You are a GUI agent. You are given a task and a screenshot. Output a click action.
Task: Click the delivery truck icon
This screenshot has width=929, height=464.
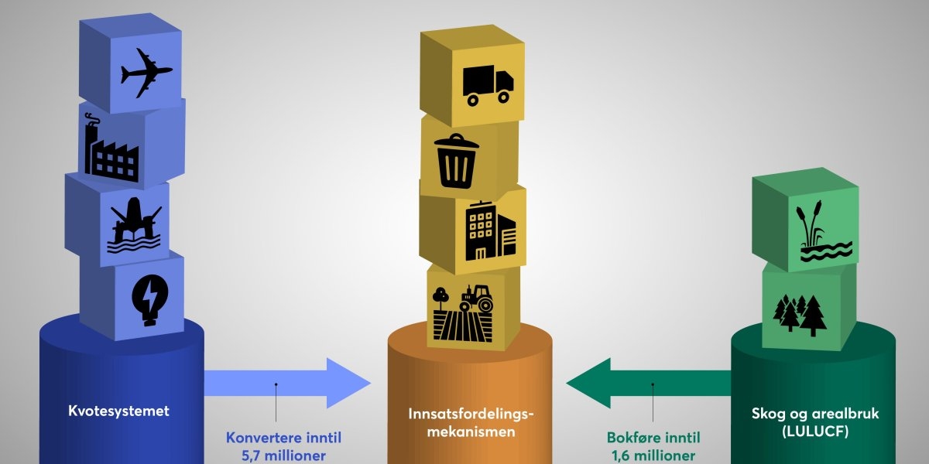[x=487, y=84]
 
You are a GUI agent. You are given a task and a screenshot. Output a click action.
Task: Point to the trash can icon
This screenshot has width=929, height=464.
[x=457, y=160]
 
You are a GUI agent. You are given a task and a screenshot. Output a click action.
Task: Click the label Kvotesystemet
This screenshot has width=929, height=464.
[x=118, y=411]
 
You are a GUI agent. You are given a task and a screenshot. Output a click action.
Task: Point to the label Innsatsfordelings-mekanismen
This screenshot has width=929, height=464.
[x=471, y=423]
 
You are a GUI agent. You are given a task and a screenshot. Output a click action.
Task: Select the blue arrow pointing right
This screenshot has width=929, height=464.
[x=286, y=383]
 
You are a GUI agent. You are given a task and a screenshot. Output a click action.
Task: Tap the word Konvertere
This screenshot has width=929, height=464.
[x=259, y=437]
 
